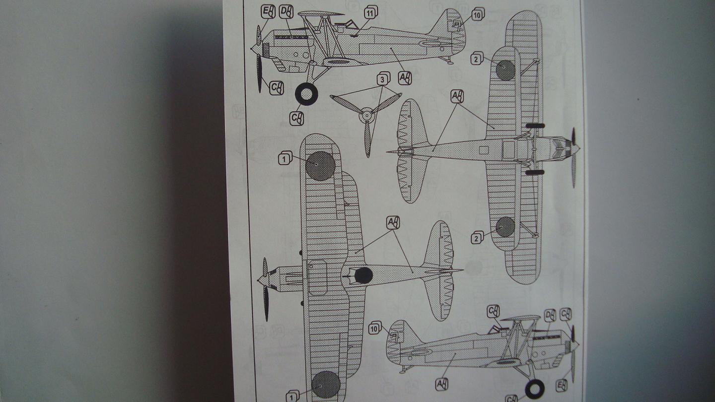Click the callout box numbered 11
pyautogui.click(x=370, y=11)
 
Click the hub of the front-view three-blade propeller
pyautogui.click(x=367, y=115)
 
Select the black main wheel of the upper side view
pyautogui.click(x=306, y=94)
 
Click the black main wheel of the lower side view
pyautogui.click(x=534, y=389)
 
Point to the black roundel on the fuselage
pyautogui.click(x=363, y=275)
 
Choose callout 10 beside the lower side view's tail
pyautogui.click(x=375, y=328)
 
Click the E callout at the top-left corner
pyautogui.click(x=268, y=12)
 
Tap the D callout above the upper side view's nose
pyautogui.click(x=286, y=12)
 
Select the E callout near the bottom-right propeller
pyautogui.click(x=562, y=385)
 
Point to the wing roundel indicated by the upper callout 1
pyautogui.click(x=320, y=166)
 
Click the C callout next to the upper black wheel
pyautogui.click(x=297, y=118)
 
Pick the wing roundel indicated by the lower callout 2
pyautogui.click(x=505, y=227)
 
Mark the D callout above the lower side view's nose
pyautogui.click(x=549, y=316)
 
